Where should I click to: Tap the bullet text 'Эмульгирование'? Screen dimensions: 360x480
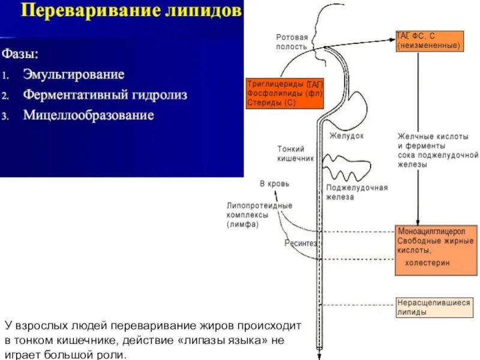point(73,75)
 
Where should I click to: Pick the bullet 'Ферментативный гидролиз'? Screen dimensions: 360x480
point(105,95)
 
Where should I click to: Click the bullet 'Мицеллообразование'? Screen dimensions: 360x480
point(88,115)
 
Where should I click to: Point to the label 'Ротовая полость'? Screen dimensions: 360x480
point(292,41)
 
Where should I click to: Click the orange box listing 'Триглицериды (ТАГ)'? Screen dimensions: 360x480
point(284,93)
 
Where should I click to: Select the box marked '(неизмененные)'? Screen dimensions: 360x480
point(429,41)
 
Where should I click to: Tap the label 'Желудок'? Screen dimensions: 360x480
point(346,136)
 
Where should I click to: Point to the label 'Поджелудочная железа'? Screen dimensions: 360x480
point(356,191)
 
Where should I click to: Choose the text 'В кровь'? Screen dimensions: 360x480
point(274,182)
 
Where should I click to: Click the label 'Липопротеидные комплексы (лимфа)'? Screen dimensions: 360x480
point(260,215)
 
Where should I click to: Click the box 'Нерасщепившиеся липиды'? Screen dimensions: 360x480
point(433,307)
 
